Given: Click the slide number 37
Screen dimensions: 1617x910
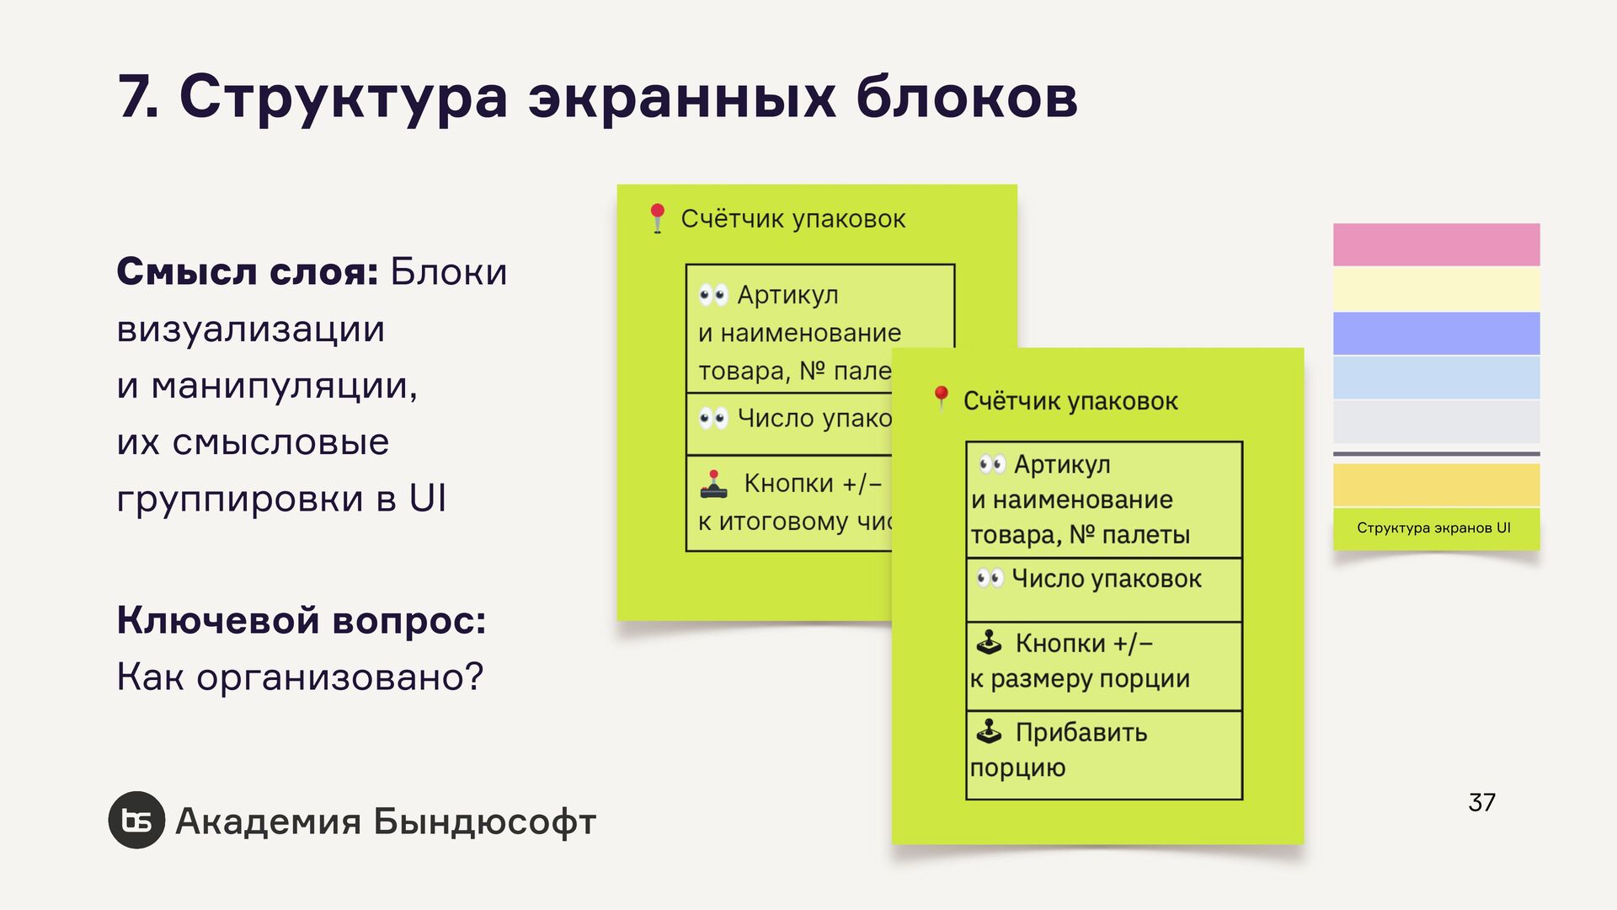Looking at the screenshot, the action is (1481, 802).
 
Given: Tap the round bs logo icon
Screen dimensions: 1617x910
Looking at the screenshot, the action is (136, 820).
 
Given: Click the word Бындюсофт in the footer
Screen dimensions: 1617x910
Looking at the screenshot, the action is (484, 822).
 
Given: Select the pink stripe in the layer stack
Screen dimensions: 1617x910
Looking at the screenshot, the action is (1436, 244).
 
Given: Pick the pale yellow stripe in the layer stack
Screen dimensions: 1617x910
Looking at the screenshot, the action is (1436, 289).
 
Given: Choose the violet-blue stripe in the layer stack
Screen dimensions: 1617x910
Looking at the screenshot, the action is (1436, 333).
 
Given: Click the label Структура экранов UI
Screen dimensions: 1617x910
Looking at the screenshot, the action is (1433, 528).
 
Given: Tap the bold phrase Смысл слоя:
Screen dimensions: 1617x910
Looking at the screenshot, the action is (248, 272).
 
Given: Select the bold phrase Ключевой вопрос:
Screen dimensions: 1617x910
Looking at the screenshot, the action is (302, 620).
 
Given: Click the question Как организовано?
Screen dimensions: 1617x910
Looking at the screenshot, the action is (300, 677).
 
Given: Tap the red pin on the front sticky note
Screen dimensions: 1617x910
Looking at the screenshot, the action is (942, 397).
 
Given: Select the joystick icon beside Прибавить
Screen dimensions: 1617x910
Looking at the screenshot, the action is (989, 731).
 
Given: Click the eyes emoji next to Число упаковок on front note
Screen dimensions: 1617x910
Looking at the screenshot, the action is (990, 578).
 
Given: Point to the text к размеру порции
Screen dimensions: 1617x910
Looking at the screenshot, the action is (1080, 679).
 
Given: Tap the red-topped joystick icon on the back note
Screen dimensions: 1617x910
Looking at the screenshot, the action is (713, 484).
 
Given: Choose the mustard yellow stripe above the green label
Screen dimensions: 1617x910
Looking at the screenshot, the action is (1436, 484).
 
